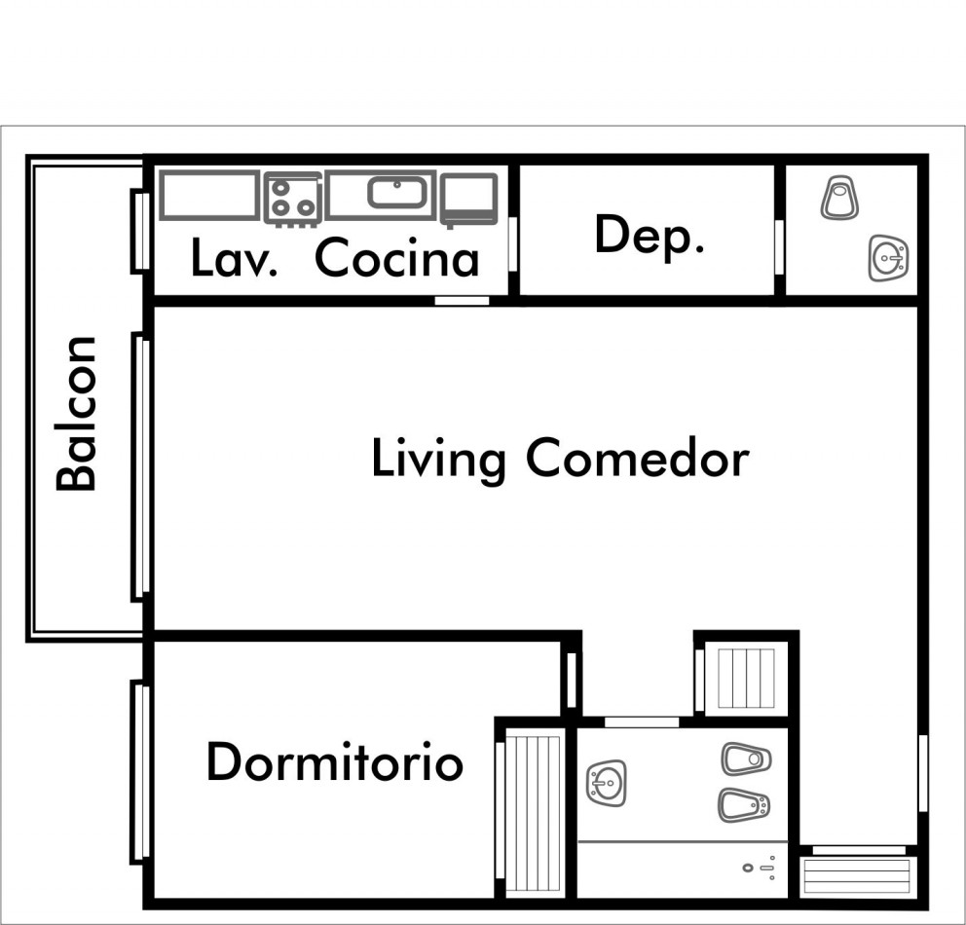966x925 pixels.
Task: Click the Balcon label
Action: [76, 413]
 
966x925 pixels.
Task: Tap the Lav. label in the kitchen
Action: [234, 258]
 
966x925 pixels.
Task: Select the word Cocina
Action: [396, 258]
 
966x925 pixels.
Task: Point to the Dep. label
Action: [650, 235]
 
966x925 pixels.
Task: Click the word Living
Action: [438, 460]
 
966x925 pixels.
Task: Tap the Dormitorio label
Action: [335, 761]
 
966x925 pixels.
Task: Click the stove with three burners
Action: [293, 199]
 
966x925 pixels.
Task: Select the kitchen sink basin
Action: [397, 192]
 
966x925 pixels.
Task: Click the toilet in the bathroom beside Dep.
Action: [839, 197]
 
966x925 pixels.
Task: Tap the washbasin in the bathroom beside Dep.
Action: [888, 258]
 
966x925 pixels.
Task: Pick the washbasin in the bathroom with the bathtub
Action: [607, 784]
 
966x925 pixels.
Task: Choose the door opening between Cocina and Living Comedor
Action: [462, 301]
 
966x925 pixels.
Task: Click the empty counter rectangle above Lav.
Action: [209, 195]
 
